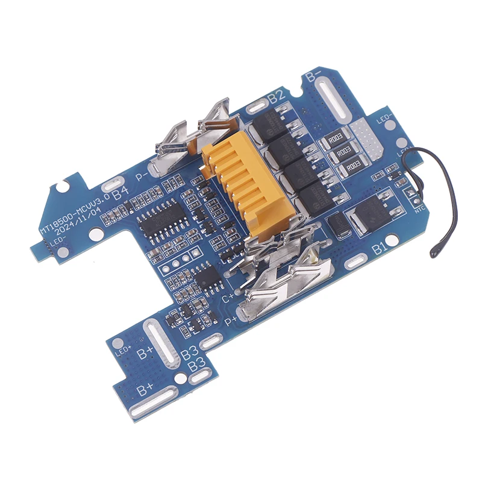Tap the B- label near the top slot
(x=313, y=77)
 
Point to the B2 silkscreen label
(x=276, y=95)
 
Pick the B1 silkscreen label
(x=380, y=248)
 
